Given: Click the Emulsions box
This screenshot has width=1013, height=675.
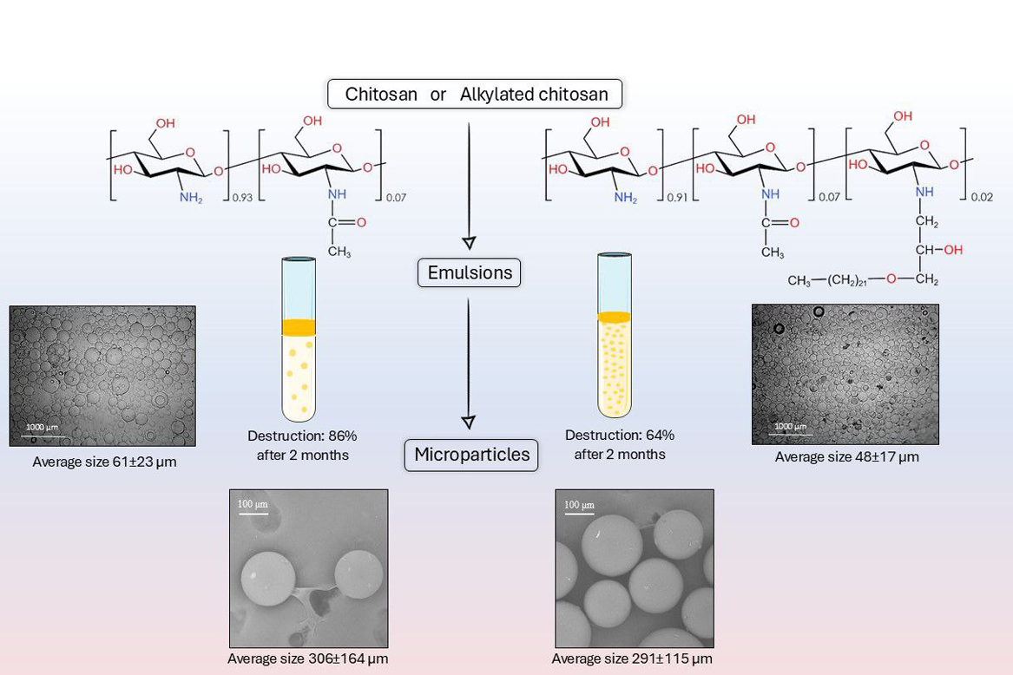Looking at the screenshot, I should pyautogui.click(x=469, y=273).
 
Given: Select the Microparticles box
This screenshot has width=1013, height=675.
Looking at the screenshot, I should pyautogui.click(x=471, y=455).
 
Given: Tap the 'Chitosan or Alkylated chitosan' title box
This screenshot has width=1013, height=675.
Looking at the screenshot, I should pyautogui.click(x=476, y=94).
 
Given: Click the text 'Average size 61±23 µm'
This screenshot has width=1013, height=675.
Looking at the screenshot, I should pyautogui.click(x=104, y=462).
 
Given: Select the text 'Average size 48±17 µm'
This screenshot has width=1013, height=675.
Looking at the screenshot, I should pyautogui.click(x=846, y=456).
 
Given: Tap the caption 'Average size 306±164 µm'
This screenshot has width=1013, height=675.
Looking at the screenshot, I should pyautogui.click(x=308, y=659).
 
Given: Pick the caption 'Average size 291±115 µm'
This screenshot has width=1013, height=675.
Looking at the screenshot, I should pyautogui.click(x=632, y=659).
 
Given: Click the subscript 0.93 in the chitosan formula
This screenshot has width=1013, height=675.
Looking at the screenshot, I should pyautogui.click(x=243, y=197).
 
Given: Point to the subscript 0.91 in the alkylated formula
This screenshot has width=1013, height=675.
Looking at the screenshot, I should pyautogui.click(x=678, y=197).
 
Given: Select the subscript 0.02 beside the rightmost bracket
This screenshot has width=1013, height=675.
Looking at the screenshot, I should pyautogui.click(x=981, y=197).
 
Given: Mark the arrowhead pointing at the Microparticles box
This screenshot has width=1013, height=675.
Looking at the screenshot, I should pyautogui.click(x=469, y=423).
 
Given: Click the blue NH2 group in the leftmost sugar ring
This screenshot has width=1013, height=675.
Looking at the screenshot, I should pyautogui.click(x=190, y=197).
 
